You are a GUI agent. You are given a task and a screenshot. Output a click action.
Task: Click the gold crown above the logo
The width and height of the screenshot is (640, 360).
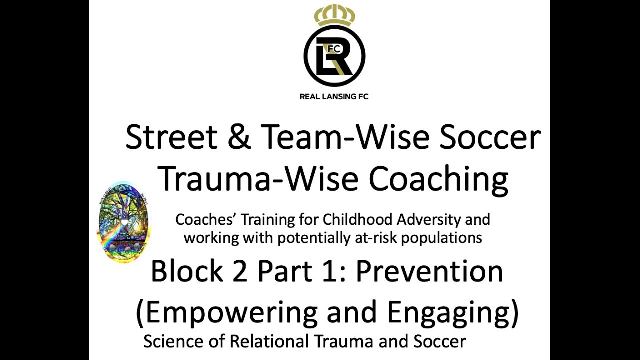334,15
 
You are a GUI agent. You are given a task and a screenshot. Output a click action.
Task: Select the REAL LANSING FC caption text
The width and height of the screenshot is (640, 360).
334,96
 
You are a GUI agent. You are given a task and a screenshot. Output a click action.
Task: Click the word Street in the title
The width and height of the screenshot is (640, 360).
171,137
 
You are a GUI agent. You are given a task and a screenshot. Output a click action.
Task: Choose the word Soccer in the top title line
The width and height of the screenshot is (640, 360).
490,137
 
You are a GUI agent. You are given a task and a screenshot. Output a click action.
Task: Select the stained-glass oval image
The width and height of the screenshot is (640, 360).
124,222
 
